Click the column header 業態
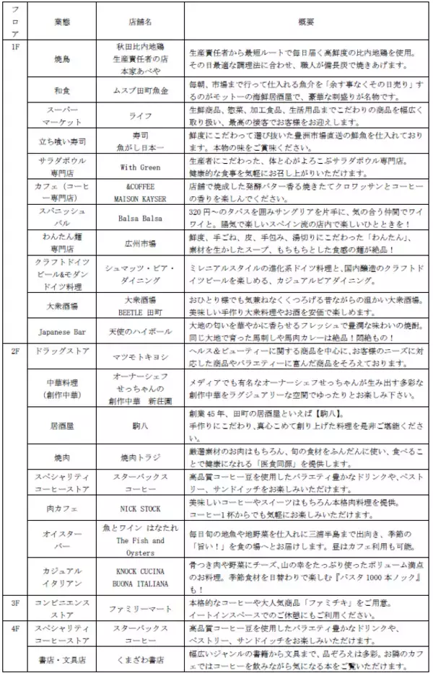(62, 22)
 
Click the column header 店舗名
(140, 22)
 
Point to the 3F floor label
(15, 601)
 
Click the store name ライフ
(140, 115)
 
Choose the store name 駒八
(140, 426)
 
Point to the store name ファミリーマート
(140, 609)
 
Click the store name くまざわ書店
(140, 659)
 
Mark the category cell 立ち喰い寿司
(62, 140)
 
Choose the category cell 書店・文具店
(62, 659)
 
